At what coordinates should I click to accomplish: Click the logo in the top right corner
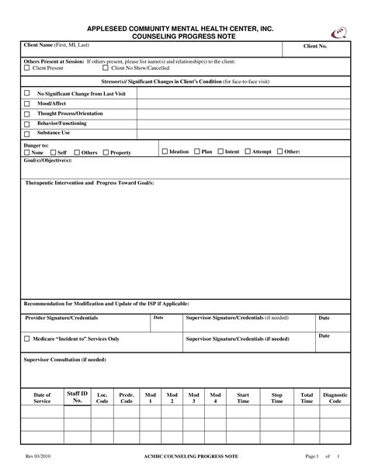point(339,32)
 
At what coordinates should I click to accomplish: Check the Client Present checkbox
point(27,68)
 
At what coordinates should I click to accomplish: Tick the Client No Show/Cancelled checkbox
point(106,68)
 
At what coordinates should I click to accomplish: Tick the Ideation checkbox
point(165,151)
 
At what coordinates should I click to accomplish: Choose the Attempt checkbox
point(246,151)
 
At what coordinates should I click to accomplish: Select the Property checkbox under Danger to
point(106,153)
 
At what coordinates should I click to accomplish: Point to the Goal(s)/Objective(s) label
point(48,160)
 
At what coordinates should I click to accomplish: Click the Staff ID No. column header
point(78,398)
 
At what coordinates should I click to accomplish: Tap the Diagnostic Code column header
point(335,398)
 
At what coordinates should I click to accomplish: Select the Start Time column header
point(243,398)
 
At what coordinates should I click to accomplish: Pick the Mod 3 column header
point(193,398)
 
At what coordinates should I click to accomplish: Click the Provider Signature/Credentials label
point(62,318)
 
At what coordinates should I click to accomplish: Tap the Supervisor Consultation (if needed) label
point(65,360)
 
